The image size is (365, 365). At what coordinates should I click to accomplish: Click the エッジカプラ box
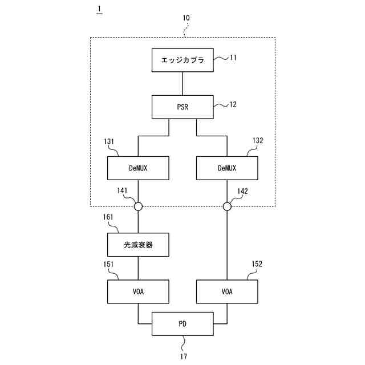coord(182,59)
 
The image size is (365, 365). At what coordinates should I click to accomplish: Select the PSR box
coord(182,107)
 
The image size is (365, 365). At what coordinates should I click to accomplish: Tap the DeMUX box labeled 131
coord(138,168)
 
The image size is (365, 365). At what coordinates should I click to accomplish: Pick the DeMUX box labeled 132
coord(226,168)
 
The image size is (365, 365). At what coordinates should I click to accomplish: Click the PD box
coord(182,323)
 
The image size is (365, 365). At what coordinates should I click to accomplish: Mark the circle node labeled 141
coord(138,206)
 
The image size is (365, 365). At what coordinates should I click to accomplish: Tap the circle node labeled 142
coord(226,206)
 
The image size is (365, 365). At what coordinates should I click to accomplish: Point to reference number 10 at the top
coord(186,18)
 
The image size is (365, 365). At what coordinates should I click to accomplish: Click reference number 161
coord(109,217)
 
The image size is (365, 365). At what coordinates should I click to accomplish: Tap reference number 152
coord(258,264)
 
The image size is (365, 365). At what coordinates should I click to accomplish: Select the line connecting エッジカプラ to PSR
coord(182,83)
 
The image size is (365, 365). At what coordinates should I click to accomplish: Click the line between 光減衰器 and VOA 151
coord(138,267)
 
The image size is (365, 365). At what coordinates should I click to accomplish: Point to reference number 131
coord(109,140)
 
